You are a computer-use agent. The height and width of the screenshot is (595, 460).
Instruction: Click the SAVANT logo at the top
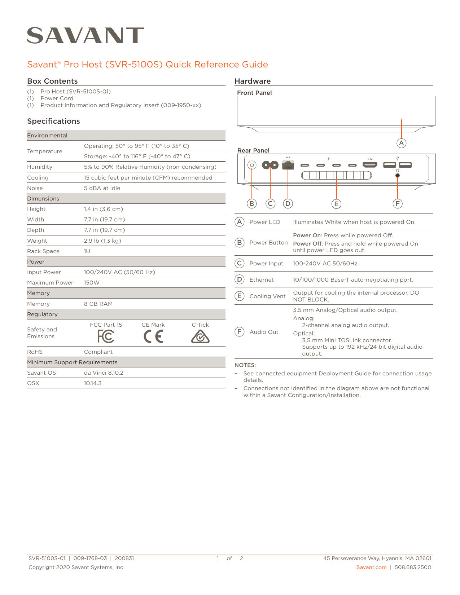(x=86, y=36)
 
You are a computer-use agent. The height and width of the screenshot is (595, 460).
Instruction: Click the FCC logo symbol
(x=106, y=336)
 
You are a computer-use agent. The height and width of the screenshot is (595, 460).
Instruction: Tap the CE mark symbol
(x=153, y=336)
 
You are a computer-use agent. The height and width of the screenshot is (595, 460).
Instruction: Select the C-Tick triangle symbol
(x=200, y=337)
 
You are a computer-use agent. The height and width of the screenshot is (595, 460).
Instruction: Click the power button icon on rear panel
(x=252, y=165)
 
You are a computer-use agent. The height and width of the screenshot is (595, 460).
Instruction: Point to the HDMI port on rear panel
(x=370, y=165)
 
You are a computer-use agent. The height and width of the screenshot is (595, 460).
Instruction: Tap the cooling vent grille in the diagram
(x=336, y=175)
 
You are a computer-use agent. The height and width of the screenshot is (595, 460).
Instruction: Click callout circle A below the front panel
(x=401, y=143)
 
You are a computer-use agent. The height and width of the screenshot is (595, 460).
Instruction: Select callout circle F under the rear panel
(x=397, y=203)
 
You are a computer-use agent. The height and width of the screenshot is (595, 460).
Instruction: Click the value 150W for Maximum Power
(x=92, y=283)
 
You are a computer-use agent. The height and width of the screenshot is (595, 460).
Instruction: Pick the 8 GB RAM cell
(x=98, y=304)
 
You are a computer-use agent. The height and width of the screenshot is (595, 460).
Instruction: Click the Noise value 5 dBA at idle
(x=102, y=188)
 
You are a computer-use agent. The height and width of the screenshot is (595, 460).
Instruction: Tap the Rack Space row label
(x=43, y=251)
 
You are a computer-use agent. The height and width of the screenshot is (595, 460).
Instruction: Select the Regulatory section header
(x=42, y=314)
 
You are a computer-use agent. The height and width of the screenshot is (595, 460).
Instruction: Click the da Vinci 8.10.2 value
(x=104, y=373)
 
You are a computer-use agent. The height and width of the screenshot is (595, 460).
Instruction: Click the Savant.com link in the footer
(x=371, y=567)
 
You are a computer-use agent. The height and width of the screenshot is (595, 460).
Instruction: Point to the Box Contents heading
(x=52, y=81)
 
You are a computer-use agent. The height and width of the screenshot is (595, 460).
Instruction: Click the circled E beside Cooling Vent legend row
(x=239, y=296)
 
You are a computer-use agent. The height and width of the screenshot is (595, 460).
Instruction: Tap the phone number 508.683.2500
(x=413, y=567)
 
